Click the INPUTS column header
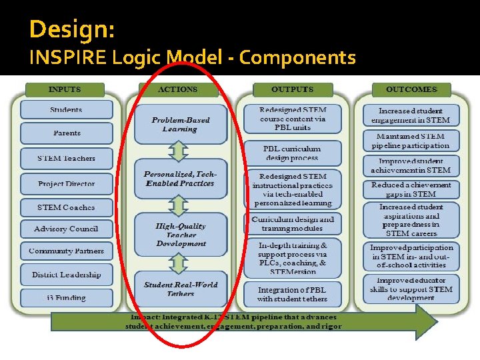[x=65, y=89]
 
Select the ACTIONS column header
[x=178, y=89]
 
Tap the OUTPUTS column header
[x=292, y=89]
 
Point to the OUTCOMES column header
[x=412, y=89]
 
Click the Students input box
[x=66, y=110]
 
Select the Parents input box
[x=66, y=133]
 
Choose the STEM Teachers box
[x=66, y=159]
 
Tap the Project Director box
[x=66, y=184]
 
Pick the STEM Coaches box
[x=66, y=207]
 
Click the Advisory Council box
[x=66, y=229]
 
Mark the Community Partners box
[x=66, y=251]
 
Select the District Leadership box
[x=66, y=275]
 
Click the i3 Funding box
[x=66, y=297]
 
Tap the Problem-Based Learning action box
[x=180, y=125]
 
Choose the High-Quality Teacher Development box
[x=180, y=235]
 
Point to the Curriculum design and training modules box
[x=293, y=223]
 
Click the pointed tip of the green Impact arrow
[x=437, y=322]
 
